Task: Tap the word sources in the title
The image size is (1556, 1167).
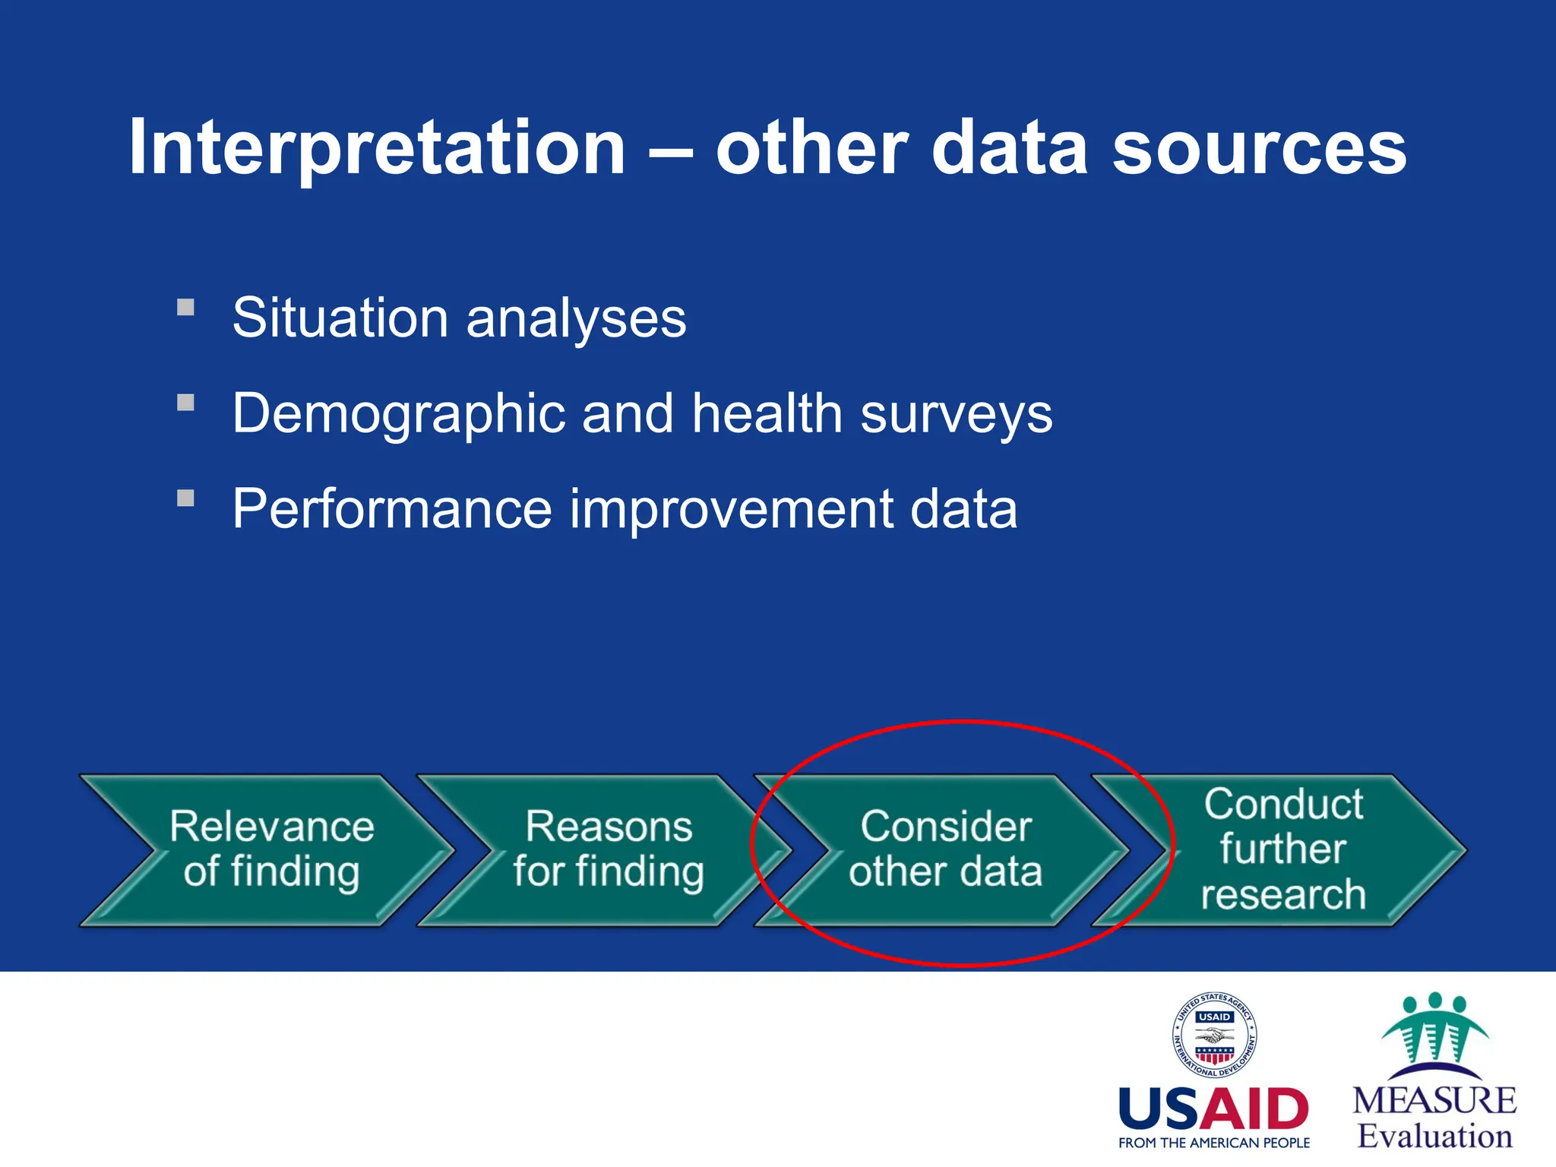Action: (x=1259, y=148)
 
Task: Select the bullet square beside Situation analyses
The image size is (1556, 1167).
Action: (x=186, y=308)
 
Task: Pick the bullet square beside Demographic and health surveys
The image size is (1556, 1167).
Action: (x=186, y=403)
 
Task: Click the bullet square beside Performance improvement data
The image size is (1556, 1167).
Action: (x=186, y=498)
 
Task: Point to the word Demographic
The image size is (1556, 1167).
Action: (x=398, y=415)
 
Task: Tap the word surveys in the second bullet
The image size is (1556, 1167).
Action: (x=956, y=415)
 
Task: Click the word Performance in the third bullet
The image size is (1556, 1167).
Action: (x=392, y=509)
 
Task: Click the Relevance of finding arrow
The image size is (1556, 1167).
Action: (x=271, y=849)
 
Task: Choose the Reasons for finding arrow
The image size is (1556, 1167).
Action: (x=608, y=849)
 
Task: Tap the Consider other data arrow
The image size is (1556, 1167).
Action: (x=945, y=849)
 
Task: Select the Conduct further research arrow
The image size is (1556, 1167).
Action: (x=1283, y=849)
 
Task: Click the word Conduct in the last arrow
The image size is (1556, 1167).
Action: (x=1283, y=804)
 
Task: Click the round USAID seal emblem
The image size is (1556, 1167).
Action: (x=1214, y=1035)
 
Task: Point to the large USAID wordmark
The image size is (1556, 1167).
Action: (x=1214, y=1109)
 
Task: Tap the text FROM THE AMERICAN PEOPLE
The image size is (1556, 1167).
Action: (x=1214, y=1143)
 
